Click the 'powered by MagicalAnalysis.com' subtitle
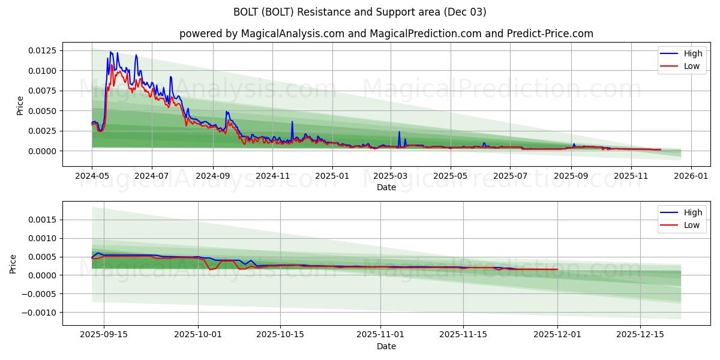[386, 34]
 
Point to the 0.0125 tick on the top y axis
[43, 50]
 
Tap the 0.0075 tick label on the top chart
[43, 91]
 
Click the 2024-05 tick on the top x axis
[92, 176]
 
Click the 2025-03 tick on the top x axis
[391, 176]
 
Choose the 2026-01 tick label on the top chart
[691, 176]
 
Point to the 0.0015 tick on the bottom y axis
[43, 220]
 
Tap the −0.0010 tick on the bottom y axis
[40, 313]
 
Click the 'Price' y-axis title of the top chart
[20, 106]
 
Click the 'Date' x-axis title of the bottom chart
[386, 346]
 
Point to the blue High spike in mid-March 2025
[399, 132]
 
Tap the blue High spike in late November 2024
[292, 122]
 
